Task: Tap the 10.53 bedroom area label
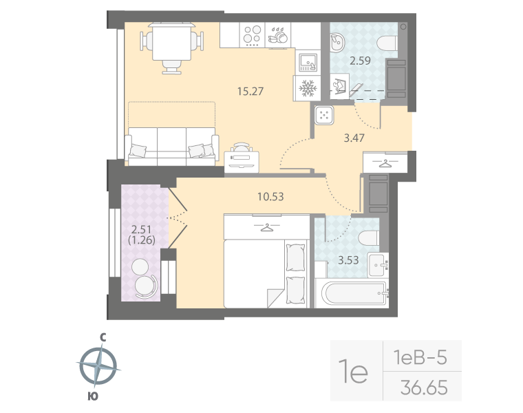coord(270,196)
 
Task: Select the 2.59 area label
coord(360,61)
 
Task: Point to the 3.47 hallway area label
coord(354,137)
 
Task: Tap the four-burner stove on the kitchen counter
coord(253,34)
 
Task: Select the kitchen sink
coord(306,61)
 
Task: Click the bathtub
coord(351,295)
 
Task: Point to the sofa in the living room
coord(172,145)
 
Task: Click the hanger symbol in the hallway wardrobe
coord(385,162)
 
